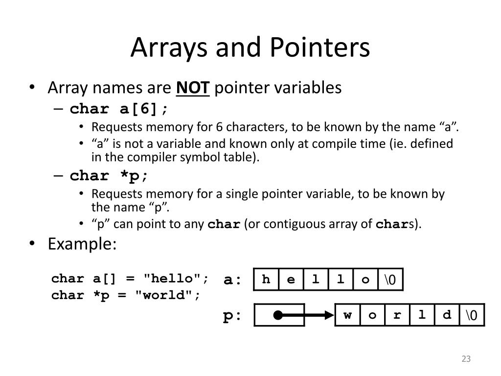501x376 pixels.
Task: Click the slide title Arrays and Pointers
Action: pyautogui.click(x=250, y=48)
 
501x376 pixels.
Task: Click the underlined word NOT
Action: pyautogui.click(x=193, y=88)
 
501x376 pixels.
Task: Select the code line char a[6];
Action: pyautogui.click(x=121, y=109)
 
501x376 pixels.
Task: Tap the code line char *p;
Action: pyautogui.click(x=109, y=176)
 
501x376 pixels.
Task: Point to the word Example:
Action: pyautogui.click(x=82, y=244)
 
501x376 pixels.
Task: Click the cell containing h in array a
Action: pyautogui.click(x=266, y=280)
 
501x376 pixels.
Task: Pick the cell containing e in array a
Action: pyautogui.click(x=291, y=280)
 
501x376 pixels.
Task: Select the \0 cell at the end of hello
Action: pyautogui.click(x=390, y=280)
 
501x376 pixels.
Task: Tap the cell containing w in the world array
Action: pyautogui.click(x=348, y=315)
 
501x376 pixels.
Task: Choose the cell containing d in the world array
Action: pyautogui.click(x=447, y=315)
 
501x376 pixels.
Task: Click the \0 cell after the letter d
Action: pyautogui.click(x=472, y=315)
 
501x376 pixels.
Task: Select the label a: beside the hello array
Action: pyautogui.click(x=233, y=280)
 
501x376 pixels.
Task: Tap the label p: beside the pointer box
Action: pyautogui.click(x=233, y=316)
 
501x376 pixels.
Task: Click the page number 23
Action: pyautogui.click(x=466, y=359)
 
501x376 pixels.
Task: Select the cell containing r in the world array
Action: pyautogui.click(x=397, y=315)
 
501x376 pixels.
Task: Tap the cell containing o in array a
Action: pyautogui.click(x=365, y=280)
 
